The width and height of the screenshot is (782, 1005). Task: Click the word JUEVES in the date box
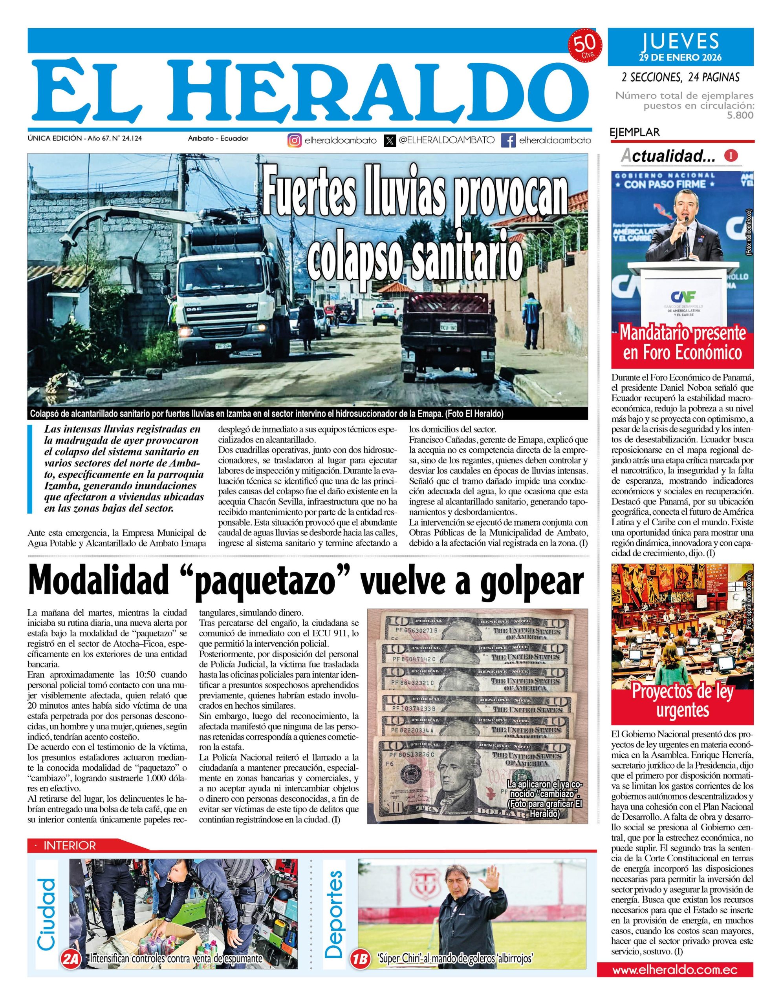(680, 41)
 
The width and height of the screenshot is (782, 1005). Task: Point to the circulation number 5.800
(740, 115)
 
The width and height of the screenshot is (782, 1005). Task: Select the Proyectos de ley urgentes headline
(682, 701)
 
